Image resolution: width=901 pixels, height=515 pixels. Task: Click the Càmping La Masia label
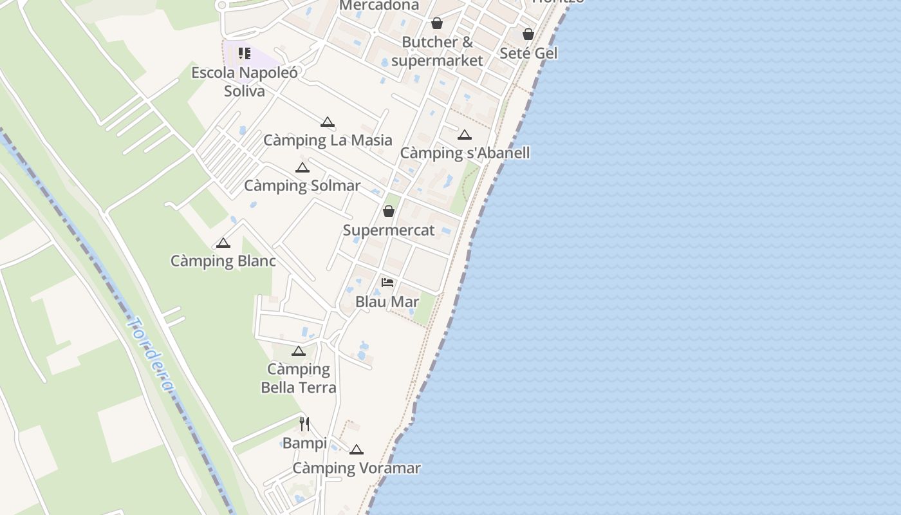click(x=328, y=140)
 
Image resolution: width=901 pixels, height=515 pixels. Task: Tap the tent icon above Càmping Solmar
click(x=302, y=168)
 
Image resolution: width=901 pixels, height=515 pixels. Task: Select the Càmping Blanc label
click(x=223, y=261)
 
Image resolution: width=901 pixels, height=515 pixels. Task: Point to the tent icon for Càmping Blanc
click(x=223, y=243)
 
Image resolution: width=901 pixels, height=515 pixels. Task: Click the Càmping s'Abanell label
click(x=465, y=153)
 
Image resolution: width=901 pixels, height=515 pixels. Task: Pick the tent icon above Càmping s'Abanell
click(x=465, y=135)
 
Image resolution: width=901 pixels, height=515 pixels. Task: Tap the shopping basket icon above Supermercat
click(x=389, y=211)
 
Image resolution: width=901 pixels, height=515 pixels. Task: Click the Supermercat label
click(x=389, y=230)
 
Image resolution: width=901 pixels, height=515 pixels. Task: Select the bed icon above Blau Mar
click(x=387, y=283)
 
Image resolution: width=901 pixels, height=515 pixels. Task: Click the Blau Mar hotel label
click(x=387, y=301)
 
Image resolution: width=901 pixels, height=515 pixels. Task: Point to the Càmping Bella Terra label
click(x=299, y=378)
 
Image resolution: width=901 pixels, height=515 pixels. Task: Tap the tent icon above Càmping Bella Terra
click(x=298, y=351)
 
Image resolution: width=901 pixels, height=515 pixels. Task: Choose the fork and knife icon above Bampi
click(x=304, y=424)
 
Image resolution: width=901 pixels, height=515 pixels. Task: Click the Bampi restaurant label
click(x=304, y=443)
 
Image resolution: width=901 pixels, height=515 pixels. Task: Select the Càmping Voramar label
click(x=357, y=468)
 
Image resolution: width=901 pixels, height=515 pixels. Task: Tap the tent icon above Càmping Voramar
click(x=357, y=450)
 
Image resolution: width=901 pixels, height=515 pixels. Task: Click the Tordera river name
click(x=152, y=354)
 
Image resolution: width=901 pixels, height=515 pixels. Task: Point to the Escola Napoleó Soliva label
click(x=245, y=82)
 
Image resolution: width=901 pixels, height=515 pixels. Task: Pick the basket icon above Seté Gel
click(x=528, y=34)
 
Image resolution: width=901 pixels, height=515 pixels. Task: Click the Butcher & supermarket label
click(x=437, y=51)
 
